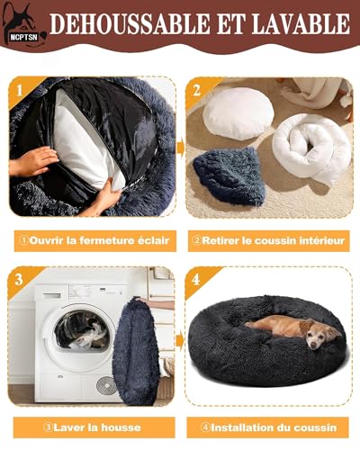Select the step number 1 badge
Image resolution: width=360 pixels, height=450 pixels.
click(x=19, y=90)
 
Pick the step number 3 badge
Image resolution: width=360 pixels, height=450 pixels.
click(x=19, y=278)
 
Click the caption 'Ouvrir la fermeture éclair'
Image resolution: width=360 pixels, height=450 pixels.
click(x=92, y=240)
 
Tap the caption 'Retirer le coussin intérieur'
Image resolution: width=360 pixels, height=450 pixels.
click(x=268, y=240)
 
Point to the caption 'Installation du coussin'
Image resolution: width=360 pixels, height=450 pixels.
click(x=268, y=428)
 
